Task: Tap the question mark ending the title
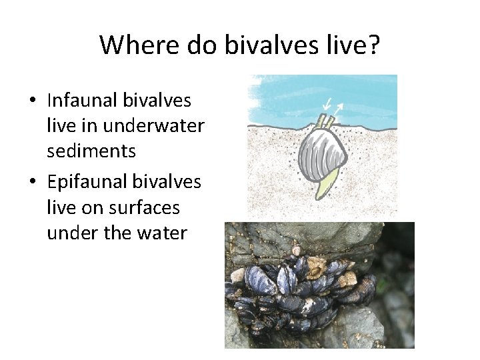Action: [375, 45]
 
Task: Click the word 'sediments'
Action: [91, 151]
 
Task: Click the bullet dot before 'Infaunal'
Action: [32, 101]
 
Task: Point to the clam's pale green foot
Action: [325, 188]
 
